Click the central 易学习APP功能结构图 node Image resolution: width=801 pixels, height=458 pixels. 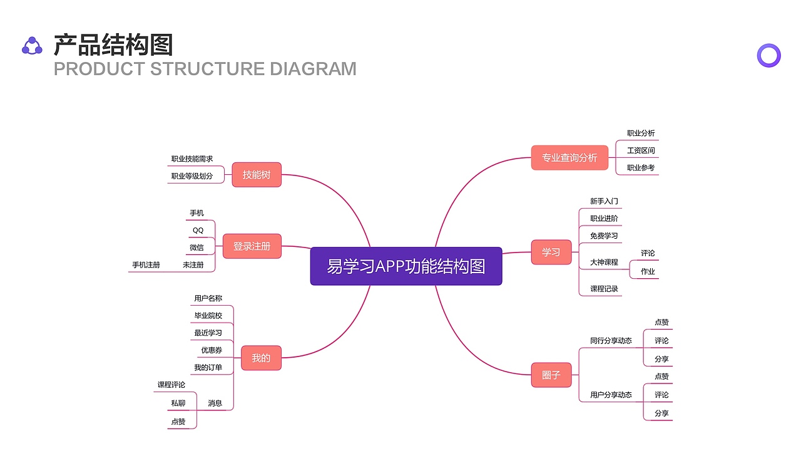406,266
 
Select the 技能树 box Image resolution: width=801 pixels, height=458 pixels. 257,175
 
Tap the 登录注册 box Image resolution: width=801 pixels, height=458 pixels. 252,246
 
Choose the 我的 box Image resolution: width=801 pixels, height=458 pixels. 261,358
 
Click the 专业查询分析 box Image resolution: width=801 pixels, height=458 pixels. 569,158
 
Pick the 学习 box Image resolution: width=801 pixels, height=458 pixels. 551,252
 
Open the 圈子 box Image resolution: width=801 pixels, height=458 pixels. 551,375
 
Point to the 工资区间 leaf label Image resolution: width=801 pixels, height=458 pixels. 641,151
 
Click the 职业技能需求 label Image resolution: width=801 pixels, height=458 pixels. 192,159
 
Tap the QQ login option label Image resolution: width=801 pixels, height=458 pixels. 198,230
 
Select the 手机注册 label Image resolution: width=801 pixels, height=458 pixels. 146,265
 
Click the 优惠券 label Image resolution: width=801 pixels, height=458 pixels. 212,350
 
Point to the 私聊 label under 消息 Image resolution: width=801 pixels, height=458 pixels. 178,403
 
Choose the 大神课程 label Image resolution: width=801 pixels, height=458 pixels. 604,263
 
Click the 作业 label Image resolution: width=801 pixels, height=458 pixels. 648,271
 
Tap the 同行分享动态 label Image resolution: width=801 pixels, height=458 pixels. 611,341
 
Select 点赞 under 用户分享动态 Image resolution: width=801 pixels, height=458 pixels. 661,377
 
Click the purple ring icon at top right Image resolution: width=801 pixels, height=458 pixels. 768,56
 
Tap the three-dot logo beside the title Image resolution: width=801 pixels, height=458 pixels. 32,46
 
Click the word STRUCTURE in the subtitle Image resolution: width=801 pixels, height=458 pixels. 208,68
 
